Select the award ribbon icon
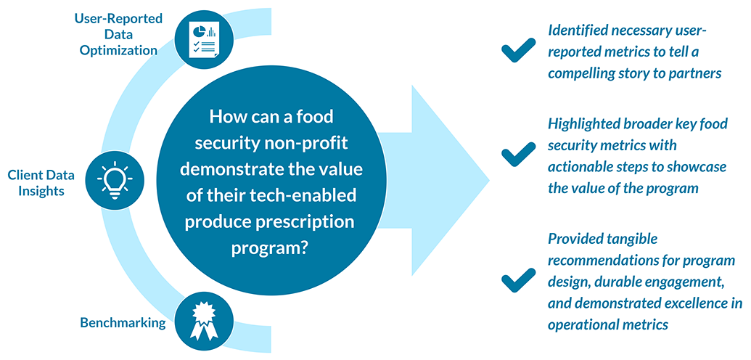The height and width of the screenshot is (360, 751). pos(205,321)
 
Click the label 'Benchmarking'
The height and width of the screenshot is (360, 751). pos(123,322)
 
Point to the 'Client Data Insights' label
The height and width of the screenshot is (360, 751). pos(41,184)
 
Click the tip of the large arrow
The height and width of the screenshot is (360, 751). pos(489,181)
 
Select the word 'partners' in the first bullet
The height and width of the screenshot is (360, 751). pos(700,74)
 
